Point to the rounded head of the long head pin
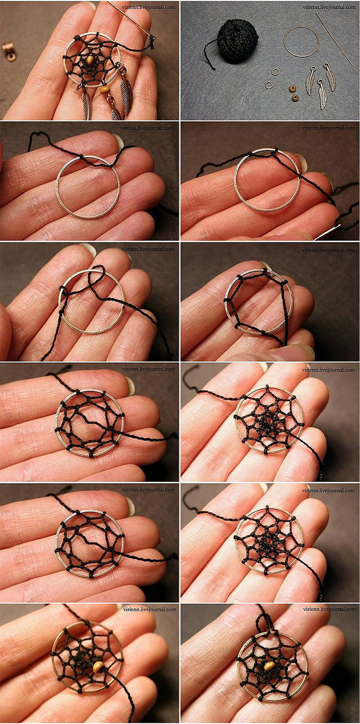[x=318, y=14]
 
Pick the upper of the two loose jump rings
[x=275, y=72]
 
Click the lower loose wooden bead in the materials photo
[x=295, y=97]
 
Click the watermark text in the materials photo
[x=329, y=7]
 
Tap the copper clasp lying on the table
[x=8, y=51]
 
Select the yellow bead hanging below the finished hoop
[x=104, y=90]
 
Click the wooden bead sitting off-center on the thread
[x=99, y=666]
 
